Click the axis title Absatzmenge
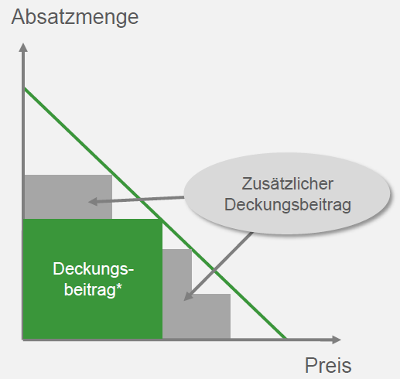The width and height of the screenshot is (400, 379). pos(75,18)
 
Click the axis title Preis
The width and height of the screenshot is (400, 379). pos(328,365)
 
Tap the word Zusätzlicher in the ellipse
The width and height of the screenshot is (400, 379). pos(288,184)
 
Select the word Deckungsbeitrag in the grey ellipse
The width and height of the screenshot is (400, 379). pos(288,206)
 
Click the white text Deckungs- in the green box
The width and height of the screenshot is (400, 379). pos(94,269)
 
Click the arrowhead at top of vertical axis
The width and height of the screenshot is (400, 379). pos(23,48)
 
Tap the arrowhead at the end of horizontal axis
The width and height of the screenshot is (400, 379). pos(337,340)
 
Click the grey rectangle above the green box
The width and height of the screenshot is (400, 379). pos(68,197)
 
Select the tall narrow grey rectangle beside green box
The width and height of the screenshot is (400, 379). pos(177,293)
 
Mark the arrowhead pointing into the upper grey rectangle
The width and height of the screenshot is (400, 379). pos(93,201)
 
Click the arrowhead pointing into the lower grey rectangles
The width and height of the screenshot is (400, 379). pos(188,296)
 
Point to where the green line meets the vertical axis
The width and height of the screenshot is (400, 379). pos(24,88)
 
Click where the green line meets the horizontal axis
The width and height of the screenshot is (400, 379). pos(285,338)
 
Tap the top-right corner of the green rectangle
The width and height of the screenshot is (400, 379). pos(162,219)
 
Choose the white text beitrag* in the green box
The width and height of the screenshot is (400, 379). pos(93,289)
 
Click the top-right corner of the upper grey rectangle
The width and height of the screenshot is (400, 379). pos(112,175)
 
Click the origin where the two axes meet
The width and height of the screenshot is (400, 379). pos(23,340)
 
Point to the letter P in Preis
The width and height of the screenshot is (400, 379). pos(310,365)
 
